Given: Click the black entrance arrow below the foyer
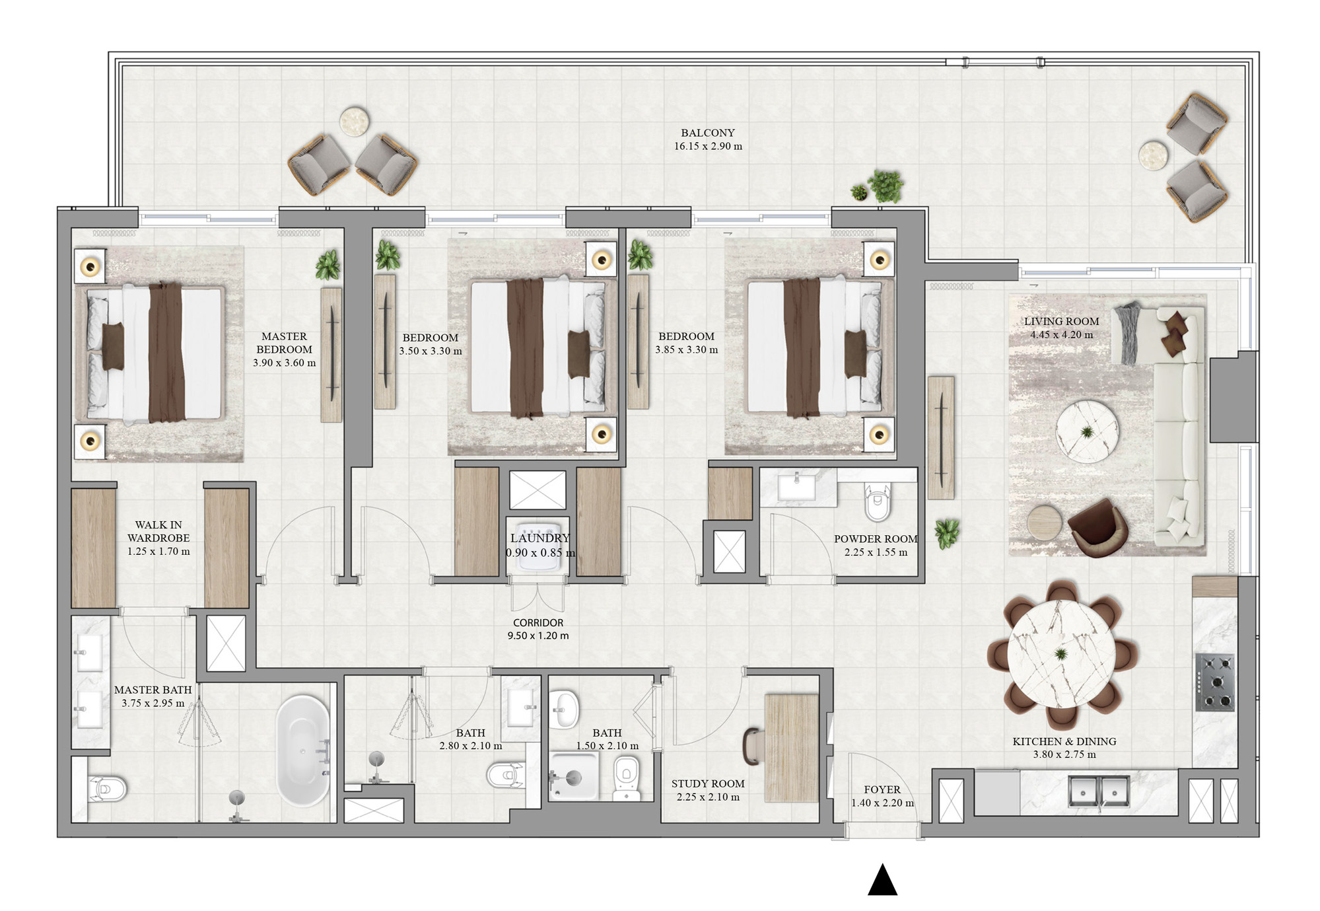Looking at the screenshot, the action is tap(882, 880).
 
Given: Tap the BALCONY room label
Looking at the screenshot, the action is tap(708, 133).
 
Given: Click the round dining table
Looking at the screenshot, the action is tap(1062, 654).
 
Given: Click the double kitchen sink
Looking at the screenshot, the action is tap(1099, 791).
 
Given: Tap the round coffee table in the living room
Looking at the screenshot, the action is tap(1087, 433).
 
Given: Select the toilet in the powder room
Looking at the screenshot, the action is tap(878, 501).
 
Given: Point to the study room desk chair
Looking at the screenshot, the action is tap(752, 745).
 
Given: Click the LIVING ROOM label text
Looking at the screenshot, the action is tap(1062, 322).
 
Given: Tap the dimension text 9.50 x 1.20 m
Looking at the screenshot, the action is tap(538, 636).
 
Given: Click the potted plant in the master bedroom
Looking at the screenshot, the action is tap(328, 264).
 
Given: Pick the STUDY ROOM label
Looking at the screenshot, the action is tap(708, 784).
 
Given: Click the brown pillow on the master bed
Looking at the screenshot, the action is tap(113, 346).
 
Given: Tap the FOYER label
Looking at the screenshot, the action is tap(882, 790).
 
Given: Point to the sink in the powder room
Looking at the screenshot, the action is tap(796, 487).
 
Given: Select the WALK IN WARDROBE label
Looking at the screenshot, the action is tap(158, 532).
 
